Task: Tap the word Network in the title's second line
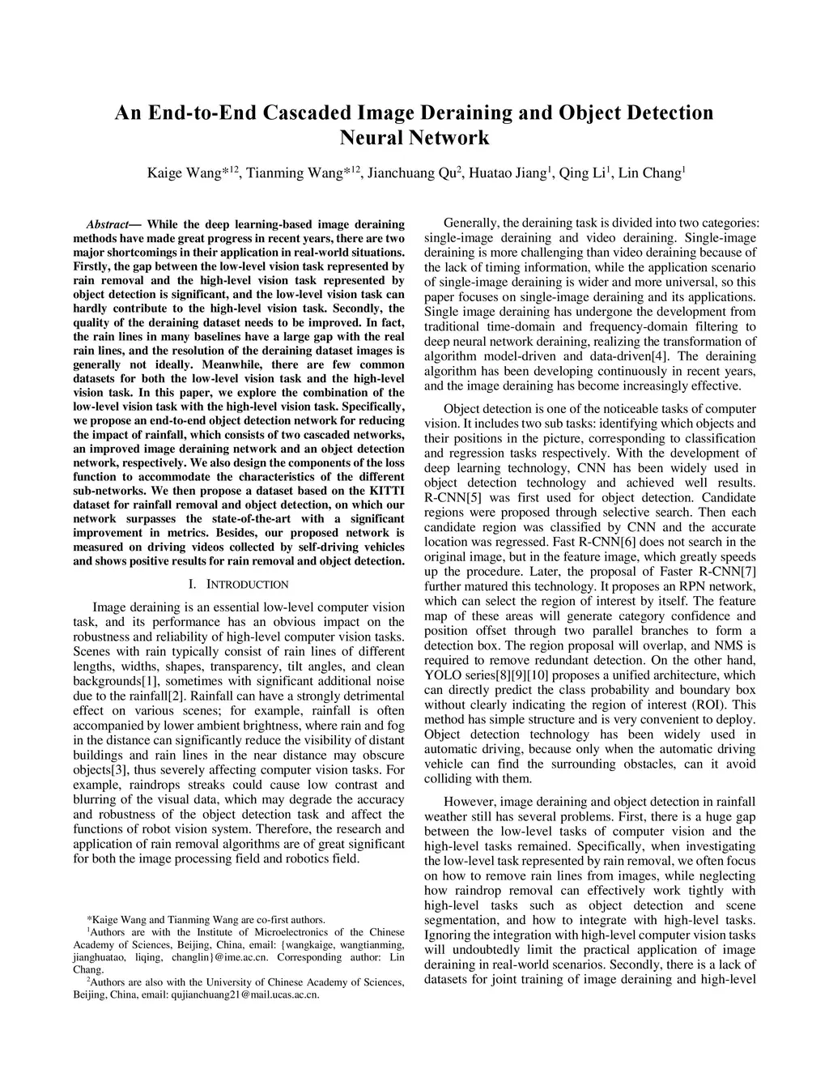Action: [x=450, y=138]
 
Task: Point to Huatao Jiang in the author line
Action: [x=507, y=173]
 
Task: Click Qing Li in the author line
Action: [x=583, y=173]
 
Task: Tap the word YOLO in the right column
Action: [x=440, y=675]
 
